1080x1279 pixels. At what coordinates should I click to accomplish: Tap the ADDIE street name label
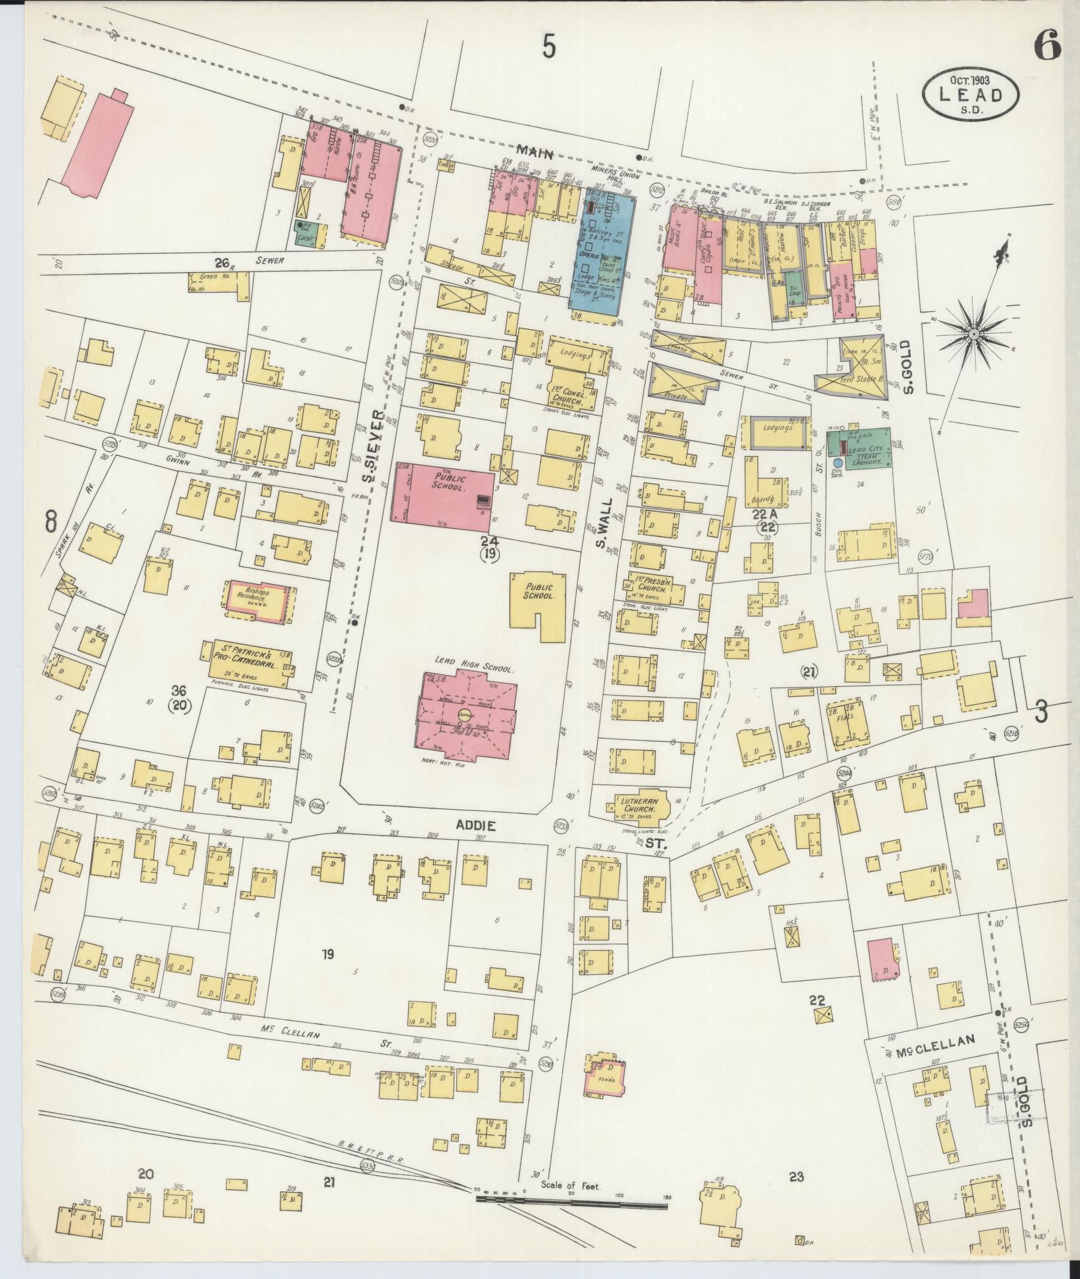(475, 826)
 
